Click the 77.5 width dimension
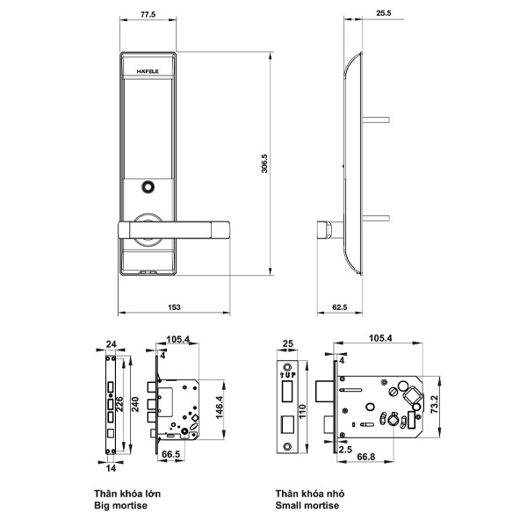(x=148, y=15)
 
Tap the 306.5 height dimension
(x=264, y=163)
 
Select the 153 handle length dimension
(x=174, y=307)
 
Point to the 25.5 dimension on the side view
(x=384, y=13)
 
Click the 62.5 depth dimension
(x=339, y=307)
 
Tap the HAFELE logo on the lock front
(x=148, y=72)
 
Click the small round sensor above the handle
(x=148, y=187)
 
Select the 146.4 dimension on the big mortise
(x=220, y=408)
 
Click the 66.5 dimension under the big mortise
(x=170, y=454)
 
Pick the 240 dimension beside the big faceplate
(x=134, y=405)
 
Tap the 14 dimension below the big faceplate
(x=111, y=468)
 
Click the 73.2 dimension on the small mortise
(x=434, y=404)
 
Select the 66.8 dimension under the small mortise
(x=366, y=457)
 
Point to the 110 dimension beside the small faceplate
(x=301, y=412)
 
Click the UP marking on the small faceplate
(x=288, y=375)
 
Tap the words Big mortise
(x=120, y=506)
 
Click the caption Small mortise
(x=307, y=505)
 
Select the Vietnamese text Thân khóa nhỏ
(x=310, y=494)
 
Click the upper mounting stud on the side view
(x=376, y=119)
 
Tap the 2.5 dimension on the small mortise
(x=345, y=450)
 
